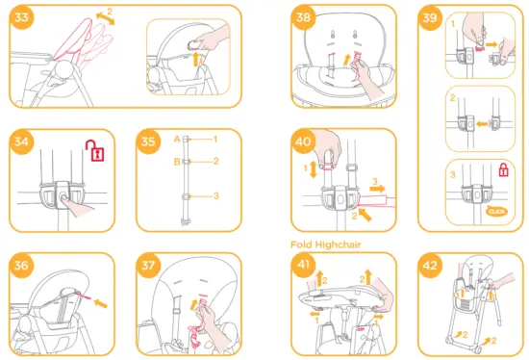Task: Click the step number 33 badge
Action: [18, 18]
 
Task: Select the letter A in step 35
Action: [177, 140]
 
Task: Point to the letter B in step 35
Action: [177, 161]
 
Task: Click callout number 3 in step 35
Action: [216, 195]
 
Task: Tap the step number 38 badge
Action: [305, 18]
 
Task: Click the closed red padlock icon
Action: [501, 171]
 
